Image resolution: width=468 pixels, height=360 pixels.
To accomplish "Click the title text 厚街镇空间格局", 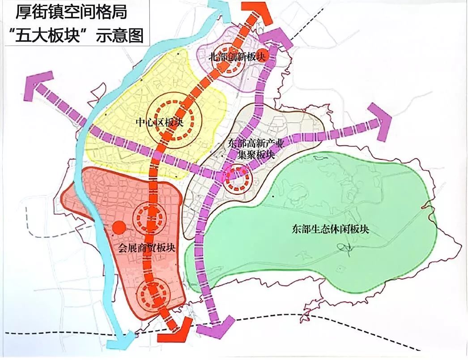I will (x=71, y=12).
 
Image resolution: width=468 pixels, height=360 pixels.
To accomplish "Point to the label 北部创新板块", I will (x=237, y=57).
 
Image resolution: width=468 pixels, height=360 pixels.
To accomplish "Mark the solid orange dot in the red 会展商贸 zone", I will (x=118, y=227).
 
